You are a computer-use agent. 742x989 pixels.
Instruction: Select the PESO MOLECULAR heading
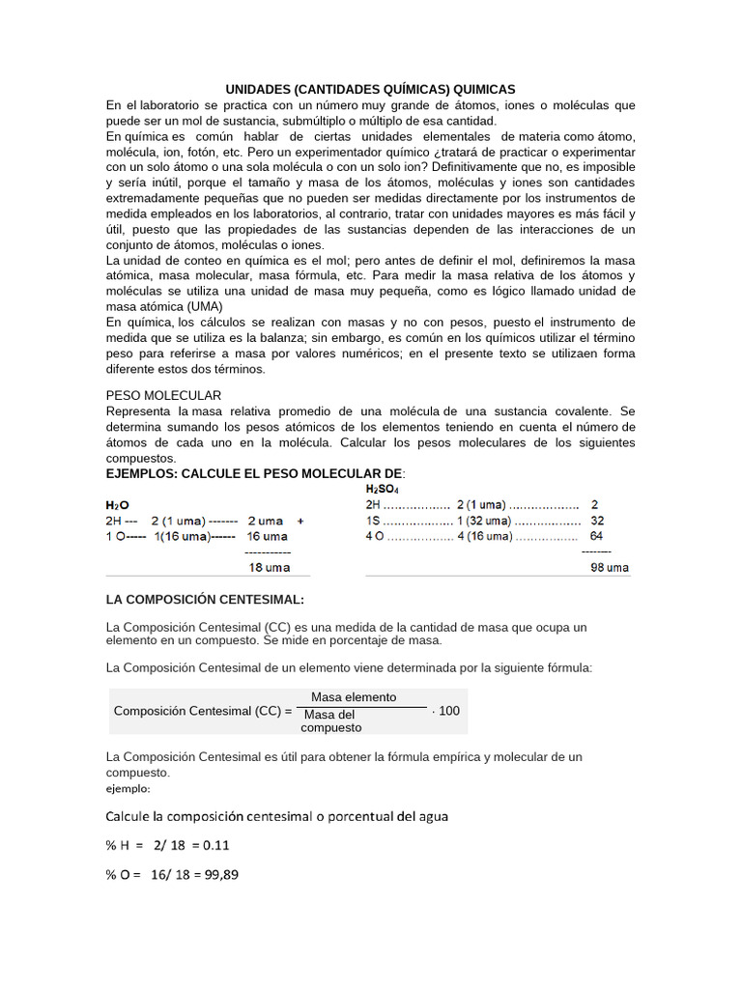[163, 395]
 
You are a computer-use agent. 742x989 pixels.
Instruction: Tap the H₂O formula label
[117, 504]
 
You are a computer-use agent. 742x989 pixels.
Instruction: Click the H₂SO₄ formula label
[382, 489]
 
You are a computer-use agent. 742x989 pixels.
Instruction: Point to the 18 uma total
[269, 567]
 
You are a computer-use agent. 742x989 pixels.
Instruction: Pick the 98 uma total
[610, 567]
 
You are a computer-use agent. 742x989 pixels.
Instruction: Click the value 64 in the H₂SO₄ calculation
[596, 535]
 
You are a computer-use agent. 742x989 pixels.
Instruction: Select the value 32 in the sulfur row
[596, 520]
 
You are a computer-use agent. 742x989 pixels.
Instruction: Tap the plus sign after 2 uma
[300, 520]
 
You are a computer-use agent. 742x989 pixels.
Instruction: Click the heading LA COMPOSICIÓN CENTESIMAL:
[205, 599]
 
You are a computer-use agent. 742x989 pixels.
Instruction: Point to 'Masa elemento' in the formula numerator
[354, 697]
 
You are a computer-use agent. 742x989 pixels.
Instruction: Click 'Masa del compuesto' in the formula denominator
[331, 721]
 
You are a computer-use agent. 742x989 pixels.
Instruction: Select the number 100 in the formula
[449, 711]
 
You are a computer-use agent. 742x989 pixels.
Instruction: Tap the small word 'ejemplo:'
[128, 788]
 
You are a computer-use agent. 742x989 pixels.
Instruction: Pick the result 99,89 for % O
[218, 875]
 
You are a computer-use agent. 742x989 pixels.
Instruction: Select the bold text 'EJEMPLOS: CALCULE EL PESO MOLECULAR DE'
[254, 473]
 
